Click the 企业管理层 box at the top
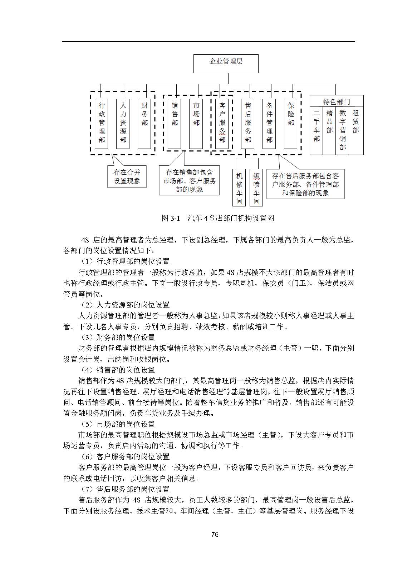pyautogui.click(x=226, y=64)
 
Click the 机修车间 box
pyautogui.click(x=239, y=188)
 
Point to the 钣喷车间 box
pyautogui.click(x=256, y=188)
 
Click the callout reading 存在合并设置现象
pyautogui.click(x=127, y=176)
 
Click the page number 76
pyautogui.click(x=215, y=535)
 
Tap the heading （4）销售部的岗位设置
pyautogui.click(x=118, y=370)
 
